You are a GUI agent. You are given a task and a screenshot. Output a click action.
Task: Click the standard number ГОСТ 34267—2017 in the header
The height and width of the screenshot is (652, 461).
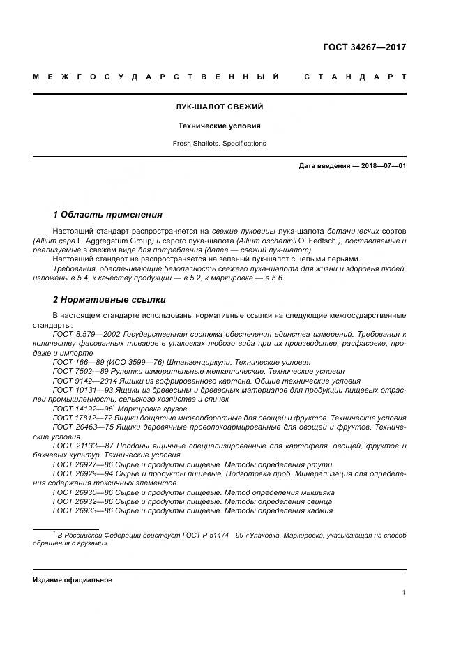364,48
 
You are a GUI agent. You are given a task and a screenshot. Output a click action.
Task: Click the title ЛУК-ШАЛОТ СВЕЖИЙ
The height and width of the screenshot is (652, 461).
219,107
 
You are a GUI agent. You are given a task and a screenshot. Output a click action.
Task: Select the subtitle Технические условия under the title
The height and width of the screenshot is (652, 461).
219,126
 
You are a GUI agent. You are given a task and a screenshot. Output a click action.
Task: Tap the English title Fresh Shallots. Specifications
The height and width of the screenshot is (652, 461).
219,144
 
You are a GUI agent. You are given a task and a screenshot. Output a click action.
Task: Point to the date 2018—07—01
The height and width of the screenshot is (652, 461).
382,166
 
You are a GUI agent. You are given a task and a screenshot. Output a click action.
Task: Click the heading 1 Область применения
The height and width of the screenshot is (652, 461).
107,215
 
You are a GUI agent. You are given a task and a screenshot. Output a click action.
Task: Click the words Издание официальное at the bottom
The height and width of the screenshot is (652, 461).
73,580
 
